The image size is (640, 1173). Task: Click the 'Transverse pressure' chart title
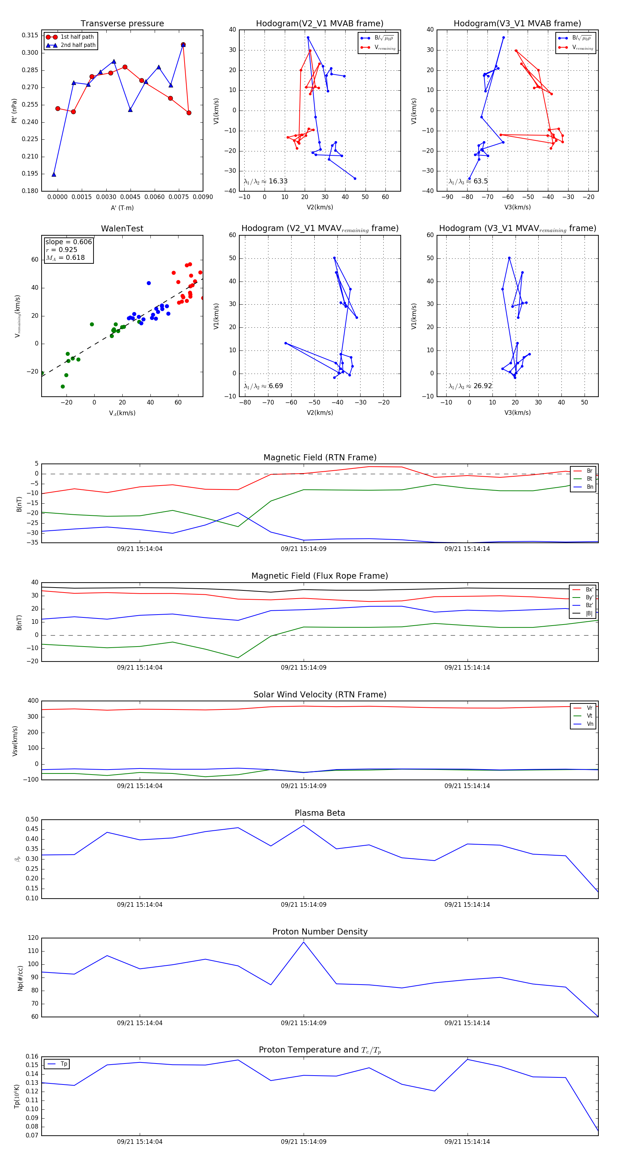click(122, 24)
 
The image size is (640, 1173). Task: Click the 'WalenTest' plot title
click(122, 229)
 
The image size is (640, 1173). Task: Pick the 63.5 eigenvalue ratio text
click(480, 181)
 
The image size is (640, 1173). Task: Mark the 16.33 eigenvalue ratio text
click(278, 181)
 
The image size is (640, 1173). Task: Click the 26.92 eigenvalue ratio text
click(482, 386)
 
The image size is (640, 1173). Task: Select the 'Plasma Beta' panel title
click(320, 813)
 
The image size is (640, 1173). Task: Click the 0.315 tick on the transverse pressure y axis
click(30, 36)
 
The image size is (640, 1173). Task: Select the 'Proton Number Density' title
click(320, 932)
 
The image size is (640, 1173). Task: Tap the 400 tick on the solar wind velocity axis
click(33, 701)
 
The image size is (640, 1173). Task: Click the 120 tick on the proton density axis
click(33, 938)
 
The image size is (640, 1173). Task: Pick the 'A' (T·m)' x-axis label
click(122, 208)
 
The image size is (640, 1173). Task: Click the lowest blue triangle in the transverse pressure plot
click(54, 175)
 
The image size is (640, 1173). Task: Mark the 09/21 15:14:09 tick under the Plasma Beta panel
click(303, 904)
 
